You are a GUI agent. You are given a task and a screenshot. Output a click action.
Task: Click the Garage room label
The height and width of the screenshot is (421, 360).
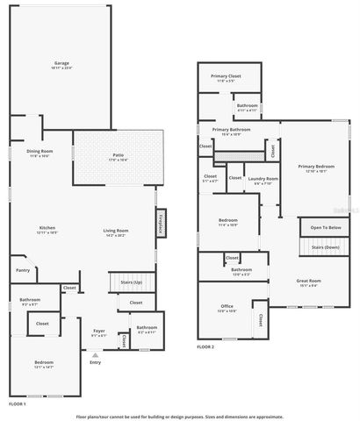tap(62, 63)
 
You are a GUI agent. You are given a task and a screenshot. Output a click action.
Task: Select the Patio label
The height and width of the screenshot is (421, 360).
tap(118, 156)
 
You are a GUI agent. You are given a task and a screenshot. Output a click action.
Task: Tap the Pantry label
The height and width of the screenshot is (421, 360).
tap(23, 270)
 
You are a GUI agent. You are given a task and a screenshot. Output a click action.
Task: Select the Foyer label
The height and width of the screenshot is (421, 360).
tap(99, 331)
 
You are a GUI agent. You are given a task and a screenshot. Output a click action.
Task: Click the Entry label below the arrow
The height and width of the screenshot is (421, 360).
tap(95, 361)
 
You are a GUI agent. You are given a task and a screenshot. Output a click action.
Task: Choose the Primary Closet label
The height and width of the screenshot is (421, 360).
tap(226, 76)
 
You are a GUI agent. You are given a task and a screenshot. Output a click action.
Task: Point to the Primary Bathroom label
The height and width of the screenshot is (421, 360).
tap(231, 130)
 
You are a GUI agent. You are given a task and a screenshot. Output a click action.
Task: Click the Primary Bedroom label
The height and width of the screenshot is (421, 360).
tap(315, 166)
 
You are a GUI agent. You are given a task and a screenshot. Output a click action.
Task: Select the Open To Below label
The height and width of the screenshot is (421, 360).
tap(325, 228)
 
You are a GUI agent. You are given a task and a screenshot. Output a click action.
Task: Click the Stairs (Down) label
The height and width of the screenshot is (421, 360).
tap(325, 248)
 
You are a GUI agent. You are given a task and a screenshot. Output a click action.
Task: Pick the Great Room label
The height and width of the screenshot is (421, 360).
tap(308, 281)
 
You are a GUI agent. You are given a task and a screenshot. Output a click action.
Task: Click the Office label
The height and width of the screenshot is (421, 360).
tap(227, 306)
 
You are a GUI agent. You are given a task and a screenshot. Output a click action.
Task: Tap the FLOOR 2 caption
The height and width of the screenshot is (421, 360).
tap(205, 347)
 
